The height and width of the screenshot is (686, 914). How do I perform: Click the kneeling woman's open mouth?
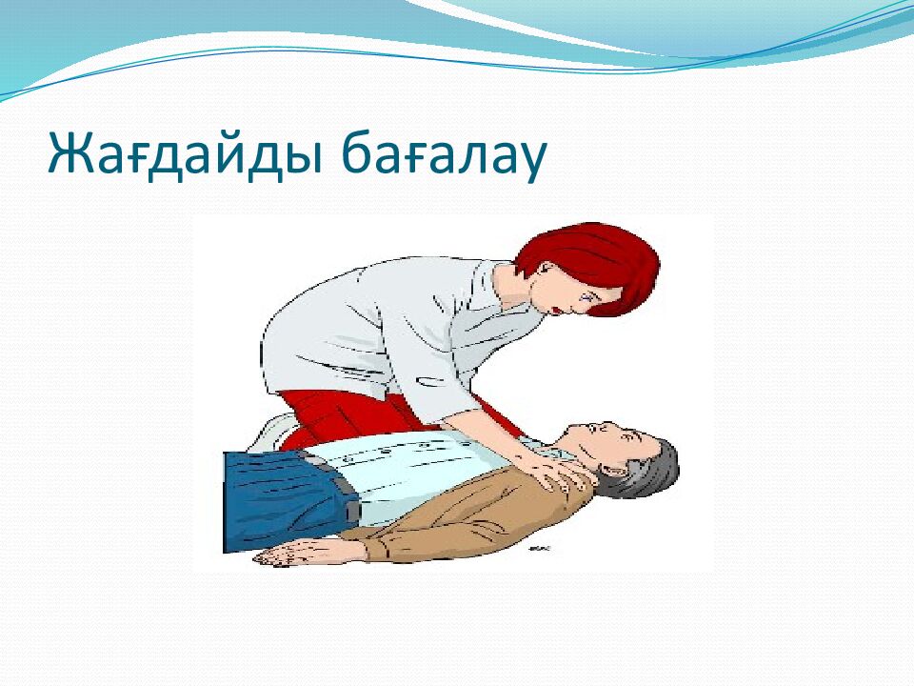point(558,308)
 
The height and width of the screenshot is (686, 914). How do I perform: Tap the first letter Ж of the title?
point(70,153)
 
